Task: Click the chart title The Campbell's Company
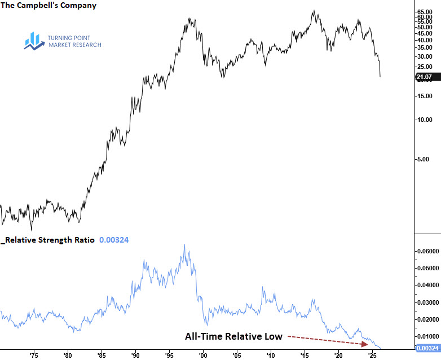point(48,6)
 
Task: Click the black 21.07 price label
point(424,77)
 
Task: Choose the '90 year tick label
point(135,356)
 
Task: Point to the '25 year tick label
point(372,356)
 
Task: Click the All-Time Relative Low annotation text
point(233,336)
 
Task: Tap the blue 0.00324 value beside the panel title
point(114,240)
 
